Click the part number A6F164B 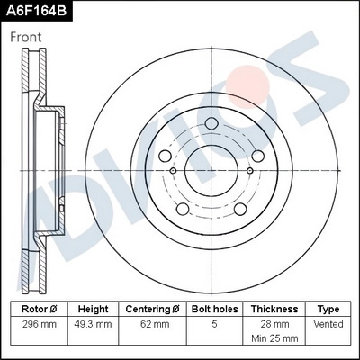pos(38,12)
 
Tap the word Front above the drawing pos(26,38)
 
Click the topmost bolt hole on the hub pos(212,125)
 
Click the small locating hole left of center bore pos(173,169)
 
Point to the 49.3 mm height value pos(93,323)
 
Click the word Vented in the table pos(328,323)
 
